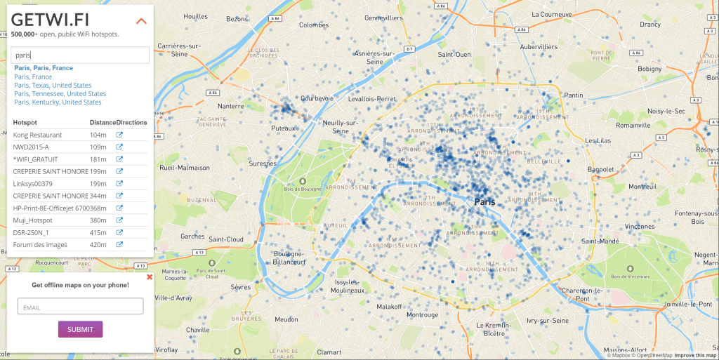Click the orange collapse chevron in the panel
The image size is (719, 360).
(141, 21)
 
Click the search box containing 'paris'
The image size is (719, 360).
(80, 55)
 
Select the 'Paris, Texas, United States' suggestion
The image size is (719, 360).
(53, 85)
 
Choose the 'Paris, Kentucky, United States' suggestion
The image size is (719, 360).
(58, 102)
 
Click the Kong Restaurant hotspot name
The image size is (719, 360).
(37, 135)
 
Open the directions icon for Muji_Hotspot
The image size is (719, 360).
(119, 220)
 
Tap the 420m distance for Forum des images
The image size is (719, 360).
(98, 245)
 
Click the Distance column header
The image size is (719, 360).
(103, 122)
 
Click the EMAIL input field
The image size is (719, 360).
(80, 307)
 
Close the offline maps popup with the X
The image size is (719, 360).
(149, 277)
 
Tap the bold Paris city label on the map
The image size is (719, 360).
(484, 202)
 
